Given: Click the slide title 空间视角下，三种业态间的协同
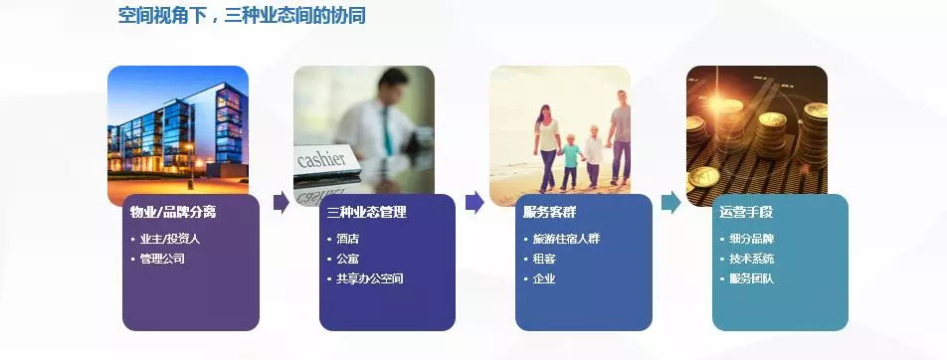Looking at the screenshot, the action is coord(242,15).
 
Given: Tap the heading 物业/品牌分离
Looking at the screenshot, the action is coord(173,212).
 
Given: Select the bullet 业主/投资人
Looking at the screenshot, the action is coord(170,239).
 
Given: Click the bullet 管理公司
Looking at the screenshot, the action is coord(162,259).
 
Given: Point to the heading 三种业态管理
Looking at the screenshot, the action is coord(367,212).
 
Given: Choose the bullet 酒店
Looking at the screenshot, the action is coord(348,239).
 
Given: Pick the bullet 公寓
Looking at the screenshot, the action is coord(348,259).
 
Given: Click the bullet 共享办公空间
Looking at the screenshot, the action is coord(370,278).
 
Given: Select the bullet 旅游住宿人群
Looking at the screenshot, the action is coord(567,239).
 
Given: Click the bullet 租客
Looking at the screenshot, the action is coord(544,259).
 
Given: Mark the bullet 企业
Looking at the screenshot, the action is coord(544,278).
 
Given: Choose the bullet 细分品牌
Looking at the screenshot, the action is coord(752,239).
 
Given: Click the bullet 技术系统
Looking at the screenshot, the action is coord(752,259).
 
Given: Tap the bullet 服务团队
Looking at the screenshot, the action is coord(752,278).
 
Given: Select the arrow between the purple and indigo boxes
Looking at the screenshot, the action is coord(282,202).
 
